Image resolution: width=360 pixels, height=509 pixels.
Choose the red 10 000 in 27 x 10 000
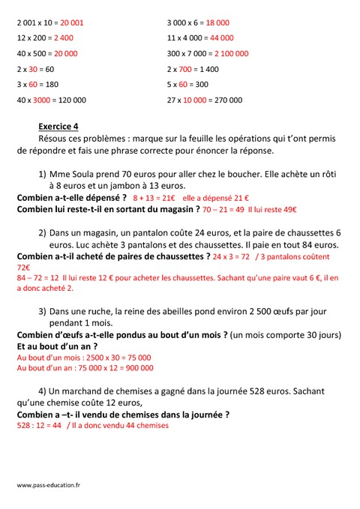[x=197, y=99]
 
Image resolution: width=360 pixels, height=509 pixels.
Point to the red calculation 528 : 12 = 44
[x=39, y=426]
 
